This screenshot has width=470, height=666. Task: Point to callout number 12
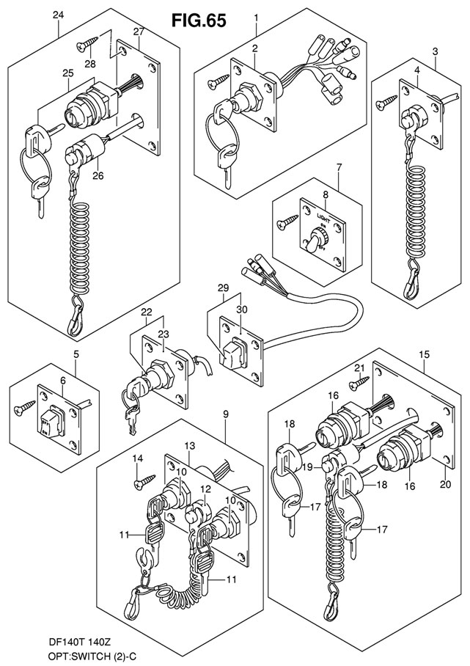coord(206,488)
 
